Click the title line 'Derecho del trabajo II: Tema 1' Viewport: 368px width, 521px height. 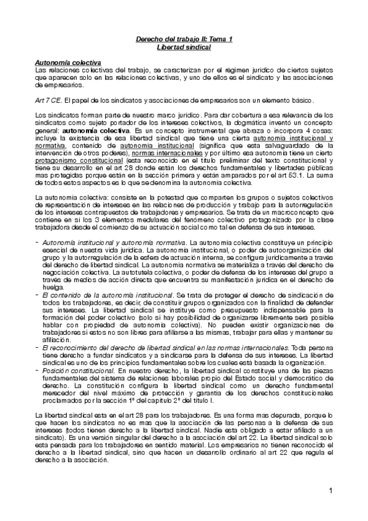tap(184, 39)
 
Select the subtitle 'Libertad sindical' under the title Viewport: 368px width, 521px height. tap(184, 47)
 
